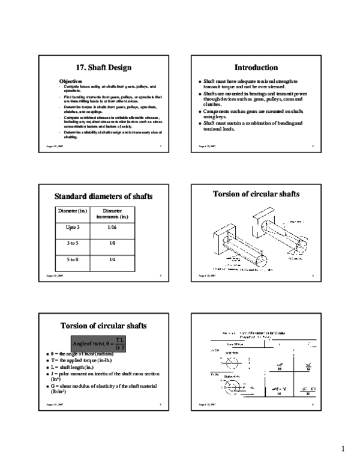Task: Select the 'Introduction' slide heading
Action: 256,68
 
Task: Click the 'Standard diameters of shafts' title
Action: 104,196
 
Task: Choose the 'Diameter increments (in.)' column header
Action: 113,214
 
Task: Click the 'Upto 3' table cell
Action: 72,228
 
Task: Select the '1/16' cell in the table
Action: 113,228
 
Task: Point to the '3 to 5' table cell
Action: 72,244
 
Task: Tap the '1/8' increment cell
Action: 113,244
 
